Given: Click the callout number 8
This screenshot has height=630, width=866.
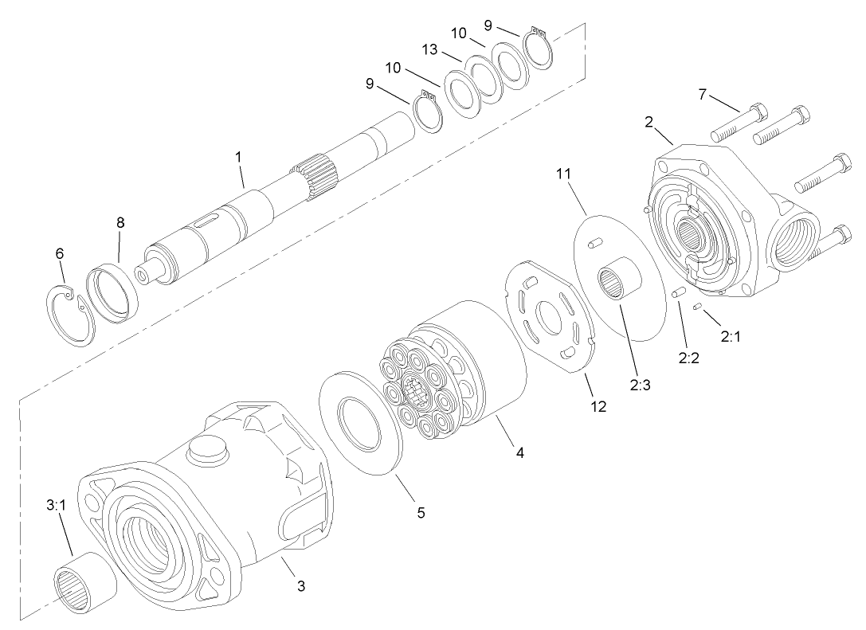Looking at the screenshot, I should [120, 223].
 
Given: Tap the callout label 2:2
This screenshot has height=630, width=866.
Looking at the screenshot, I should [688, 358].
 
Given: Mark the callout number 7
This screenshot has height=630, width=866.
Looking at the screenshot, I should [702, 94].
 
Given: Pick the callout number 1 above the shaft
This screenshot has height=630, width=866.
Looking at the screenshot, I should [238, 157].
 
